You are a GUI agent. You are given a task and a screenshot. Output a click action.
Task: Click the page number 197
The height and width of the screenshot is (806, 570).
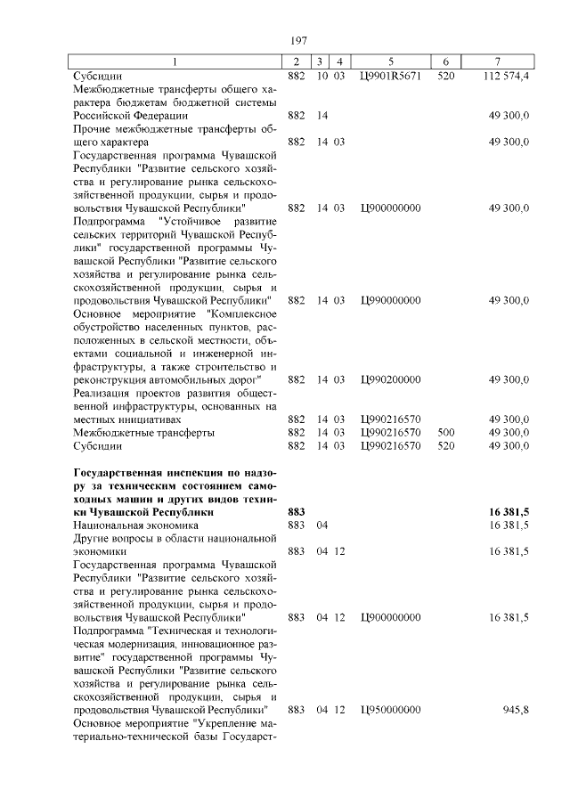click(x=298, y=40)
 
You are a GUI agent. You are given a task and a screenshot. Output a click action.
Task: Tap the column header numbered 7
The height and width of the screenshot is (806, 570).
click(x=496, y=61)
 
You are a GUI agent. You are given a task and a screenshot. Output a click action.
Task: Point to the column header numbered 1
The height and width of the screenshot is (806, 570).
click(x=175, y=61)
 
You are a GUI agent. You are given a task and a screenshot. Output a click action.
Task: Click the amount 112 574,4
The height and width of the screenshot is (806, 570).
click(x=508, y=76)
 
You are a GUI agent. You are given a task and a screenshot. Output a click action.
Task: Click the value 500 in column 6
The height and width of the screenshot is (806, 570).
click(x=446, y=432)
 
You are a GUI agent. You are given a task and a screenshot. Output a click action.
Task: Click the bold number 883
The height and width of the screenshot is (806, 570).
click(x=297, y=512)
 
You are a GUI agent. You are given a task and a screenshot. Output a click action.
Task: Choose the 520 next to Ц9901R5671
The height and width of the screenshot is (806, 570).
click(x=446, y=76)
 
